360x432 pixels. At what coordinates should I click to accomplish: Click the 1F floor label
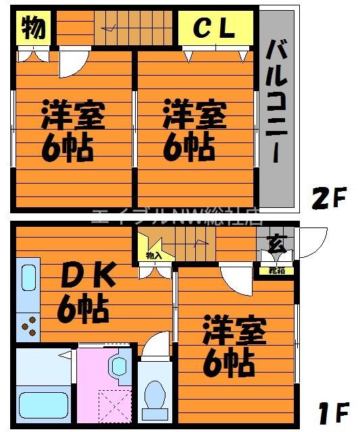click(x=333, y=411)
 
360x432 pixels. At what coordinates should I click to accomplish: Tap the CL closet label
click(x=215, y=28)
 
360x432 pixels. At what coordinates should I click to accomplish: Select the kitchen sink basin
click(x=28, y=283)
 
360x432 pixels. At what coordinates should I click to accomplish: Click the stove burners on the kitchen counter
click(x=28, y=326)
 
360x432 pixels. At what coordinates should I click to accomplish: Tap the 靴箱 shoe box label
click(x=276, y=271)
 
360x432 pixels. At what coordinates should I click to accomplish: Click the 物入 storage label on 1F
click(x=154, y=256)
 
